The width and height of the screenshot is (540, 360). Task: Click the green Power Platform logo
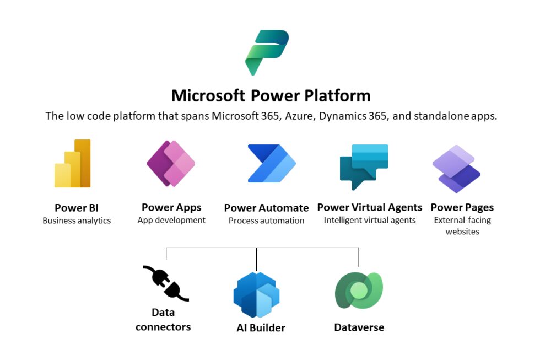pyautogui.click(x=267, y=52)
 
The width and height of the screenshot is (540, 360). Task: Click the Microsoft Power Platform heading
pyautogui.click(x=271, y=95)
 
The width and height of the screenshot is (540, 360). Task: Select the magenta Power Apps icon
pyautogui.click(x=171, y=164)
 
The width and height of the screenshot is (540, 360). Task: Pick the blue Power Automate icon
pyautogui.click(x=271, y=164)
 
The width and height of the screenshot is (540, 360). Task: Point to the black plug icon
pyautogui.click(x=165, y=283)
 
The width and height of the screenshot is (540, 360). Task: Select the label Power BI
pyautogui.click(x=77, y=208)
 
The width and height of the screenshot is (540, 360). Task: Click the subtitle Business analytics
pyautogui.click(x=77, y=221)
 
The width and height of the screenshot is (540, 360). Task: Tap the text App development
pyautogui.click(x=171, y=220)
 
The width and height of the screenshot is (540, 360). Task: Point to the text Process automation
pyautogui.click(x=266, y=221)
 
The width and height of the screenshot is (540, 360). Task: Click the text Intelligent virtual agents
pyautogui.click(x=370, y=220)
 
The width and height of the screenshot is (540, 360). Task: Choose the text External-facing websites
pyautogui.click(x=462, y=225)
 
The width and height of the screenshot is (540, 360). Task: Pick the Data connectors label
pyautogui.click(x=163, y=320)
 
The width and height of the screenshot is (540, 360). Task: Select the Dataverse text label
pyautogui.click(x=359, y=327)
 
